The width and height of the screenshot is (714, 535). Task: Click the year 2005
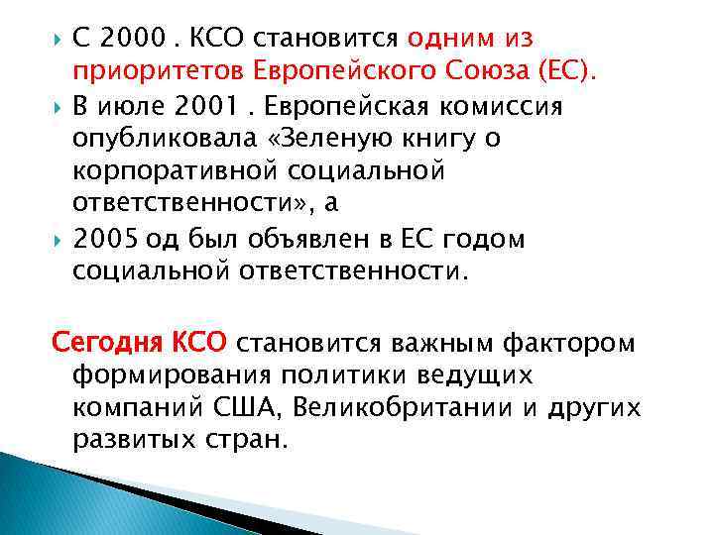[x=106, y=239]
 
